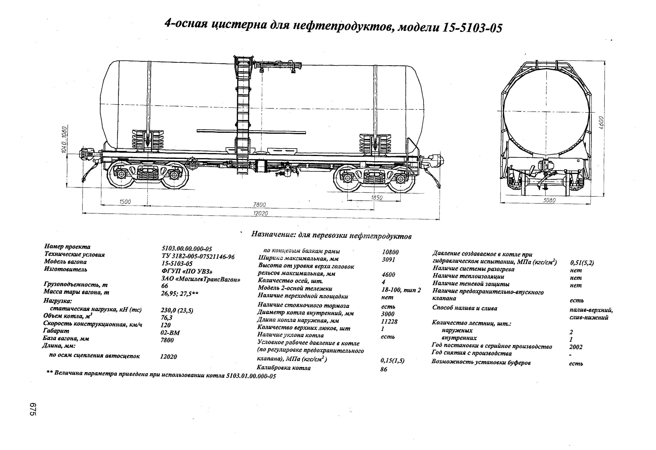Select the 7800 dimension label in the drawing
[259, 205]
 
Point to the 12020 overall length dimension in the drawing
[260, 213]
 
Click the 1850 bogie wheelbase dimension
[377, 198]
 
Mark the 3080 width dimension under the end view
[549, 200]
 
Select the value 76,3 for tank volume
[167, 318]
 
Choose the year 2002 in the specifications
[576, 347]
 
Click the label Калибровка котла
[283, 368]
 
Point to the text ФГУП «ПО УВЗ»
[187, 271]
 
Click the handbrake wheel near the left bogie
[194, 164]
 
